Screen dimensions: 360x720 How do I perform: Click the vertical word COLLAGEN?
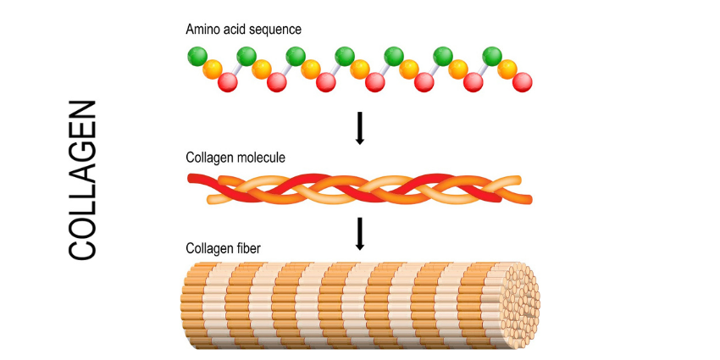point(82,180)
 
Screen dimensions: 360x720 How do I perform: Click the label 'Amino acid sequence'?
point(243,30)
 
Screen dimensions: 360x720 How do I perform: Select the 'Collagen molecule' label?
point(235,158)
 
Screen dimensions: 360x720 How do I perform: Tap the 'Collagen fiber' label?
point(224,248)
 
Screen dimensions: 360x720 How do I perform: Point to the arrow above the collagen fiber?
point(359,233)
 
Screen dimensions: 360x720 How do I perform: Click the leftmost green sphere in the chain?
point(197,58)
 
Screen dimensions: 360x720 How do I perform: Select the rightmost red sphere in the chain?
point(522,82)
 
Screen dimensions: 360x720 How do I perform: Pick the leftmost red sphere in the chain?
point(227,82)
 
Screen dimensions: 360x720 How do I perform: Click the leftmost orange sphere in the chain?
point(213,69)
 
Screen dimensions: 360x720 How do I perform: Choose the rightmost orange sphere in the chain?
point(507,69)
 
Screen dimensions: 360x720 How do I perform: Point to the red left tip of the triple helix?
point(194,178)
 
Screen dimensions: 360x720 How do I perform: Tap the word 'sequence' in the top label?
point(275,30)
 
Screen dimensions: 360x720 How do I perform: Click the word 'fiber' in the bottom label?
point(247,248)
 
